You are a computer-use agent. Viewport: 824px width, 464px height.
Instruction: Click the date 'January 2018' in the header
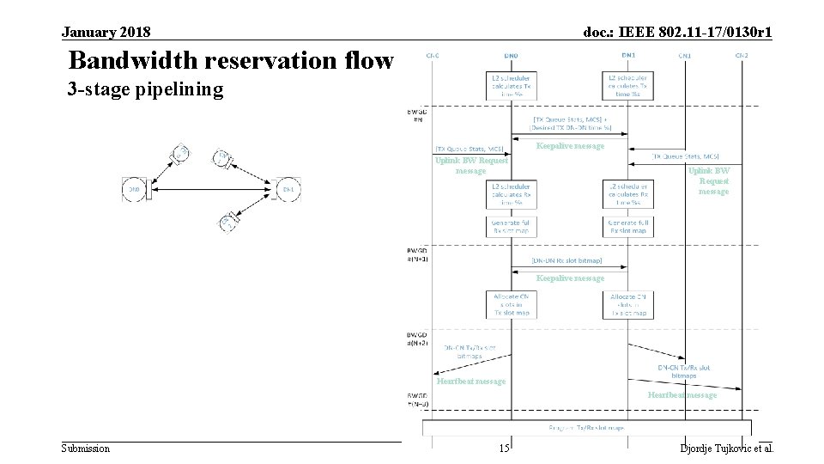click(x=106, y=33)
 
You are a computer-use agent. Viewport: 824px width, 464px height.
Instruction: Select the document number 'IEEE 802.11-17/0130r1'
click(x=677, y=33)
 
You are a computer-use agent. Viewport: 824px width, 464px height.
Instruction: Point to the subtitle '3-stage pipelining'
click(x=145, y=89)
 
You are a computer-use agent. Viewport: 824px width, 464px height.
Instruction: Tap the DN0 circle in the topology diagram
click(x=134, y=189)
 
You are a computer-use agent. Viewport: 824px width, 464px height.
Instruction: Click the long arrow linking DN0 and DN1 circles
click(x=215, y=189)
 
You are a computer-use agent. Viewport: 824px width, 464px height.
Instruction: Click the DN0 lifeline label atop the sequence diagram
click(x=512, y=56)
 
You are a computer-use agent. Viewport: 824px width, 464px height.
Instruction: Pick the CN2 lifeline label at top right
click(x=741, y=56)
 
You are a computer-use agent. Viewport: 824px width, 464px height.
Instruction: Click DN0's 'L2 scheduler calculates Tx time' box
click(x=512, y=85)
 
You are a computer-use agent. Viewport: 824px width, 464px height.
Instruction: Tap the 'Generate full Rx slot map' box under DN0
click(x=512, y=227)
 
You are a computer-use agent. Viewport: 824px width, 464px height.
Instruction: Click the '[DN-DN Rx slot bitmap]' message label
click(x=566, y=260)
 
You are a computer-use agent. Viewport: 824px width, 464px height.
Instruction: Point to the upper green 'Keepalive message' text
click(x=570, y=146)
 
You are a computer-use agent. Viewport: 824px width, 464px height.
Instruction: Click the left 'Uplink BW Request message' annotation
click(x=471, y=165)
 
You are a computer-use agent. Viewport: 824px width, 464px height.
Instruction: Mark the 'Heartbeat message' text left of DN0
click(x=470, y=381)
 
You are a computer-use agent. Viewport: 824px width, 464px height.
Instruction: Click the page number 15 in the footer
click(x=505, y=449)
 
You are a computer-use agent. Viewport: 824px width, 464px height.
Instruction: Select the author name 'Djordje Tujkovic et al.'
click(x=726, y=449)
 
